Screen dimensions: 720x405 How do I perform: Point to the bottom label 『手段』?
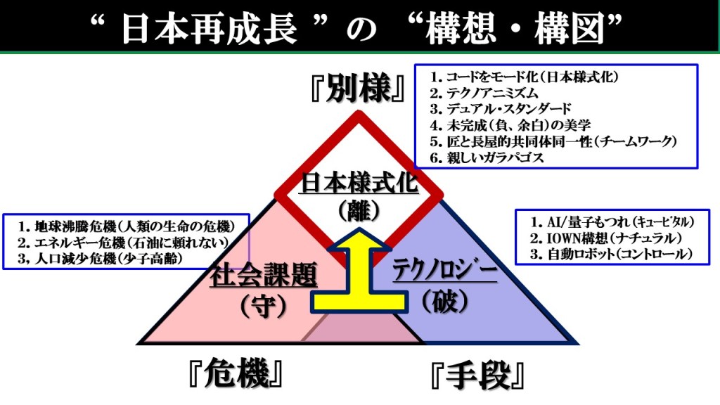coord(477,375)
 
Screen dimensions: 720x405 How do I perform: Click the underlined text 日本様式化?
coord(359,183)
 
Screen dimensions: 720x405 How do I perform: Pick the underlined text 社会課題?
coord(264,275)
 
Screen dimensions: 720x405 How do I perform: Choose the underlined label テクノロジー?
coord(444,271)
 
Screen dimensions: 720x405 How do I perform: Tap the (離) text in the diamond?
coord(359,211)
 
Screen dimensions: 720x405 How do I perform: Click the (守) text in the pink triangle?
coord(264,305)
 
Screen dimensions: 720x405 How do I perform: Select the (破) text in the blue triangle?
coord(444,302)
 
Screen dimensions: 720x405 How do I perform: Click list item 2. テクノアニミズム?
coord(484,94)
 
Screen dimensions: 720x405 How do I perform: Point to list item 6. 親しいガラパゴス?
coord(487,157)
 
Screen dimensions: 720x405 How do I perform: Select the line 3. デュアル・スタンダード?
coord(501,109)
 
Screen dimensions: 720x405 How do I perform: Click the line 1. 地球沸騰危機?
coord(127,226)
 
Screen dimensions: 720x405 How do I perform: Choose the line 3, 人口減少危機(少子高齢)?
coord(100,259)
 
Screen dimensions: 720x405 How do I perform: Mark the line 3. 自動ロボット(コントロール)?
coord(611,254)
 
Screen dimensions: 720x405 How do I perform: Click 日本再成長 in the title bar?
coord(210,28)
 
